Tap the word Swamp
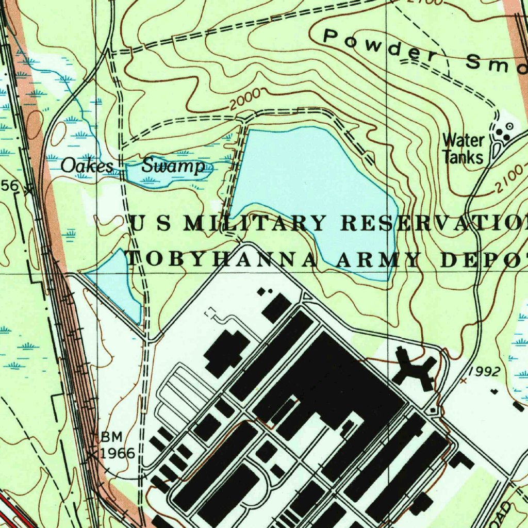point(173,167)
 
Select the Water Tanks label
point(463,148)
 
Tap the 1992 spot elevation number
point(485,371)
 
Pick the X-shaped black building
point(415,368)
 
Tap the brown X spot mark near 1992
point(463,381)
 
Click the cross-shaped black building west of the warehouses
point(227,352)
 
